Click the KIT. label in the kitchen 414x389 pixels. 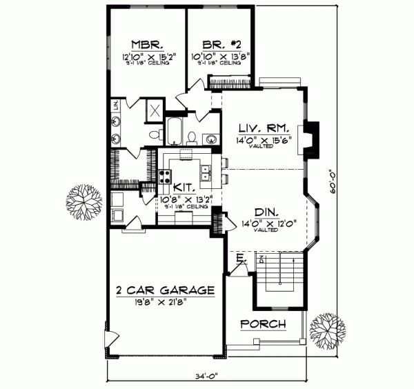click(x=183, y=187)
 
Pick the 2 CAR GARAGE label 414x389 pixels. click(x=165, y=290)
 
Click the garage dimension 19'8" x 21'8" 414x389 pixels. click(x=165, y=302)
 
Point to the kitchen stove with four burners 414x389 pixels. click(x=166, y=175)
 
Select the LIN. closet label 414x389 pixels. click(x=117, y=108)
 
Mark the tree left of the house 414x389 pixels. click(x=84, y=201)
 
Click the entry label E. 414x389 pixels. click(x=239, y=257)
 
